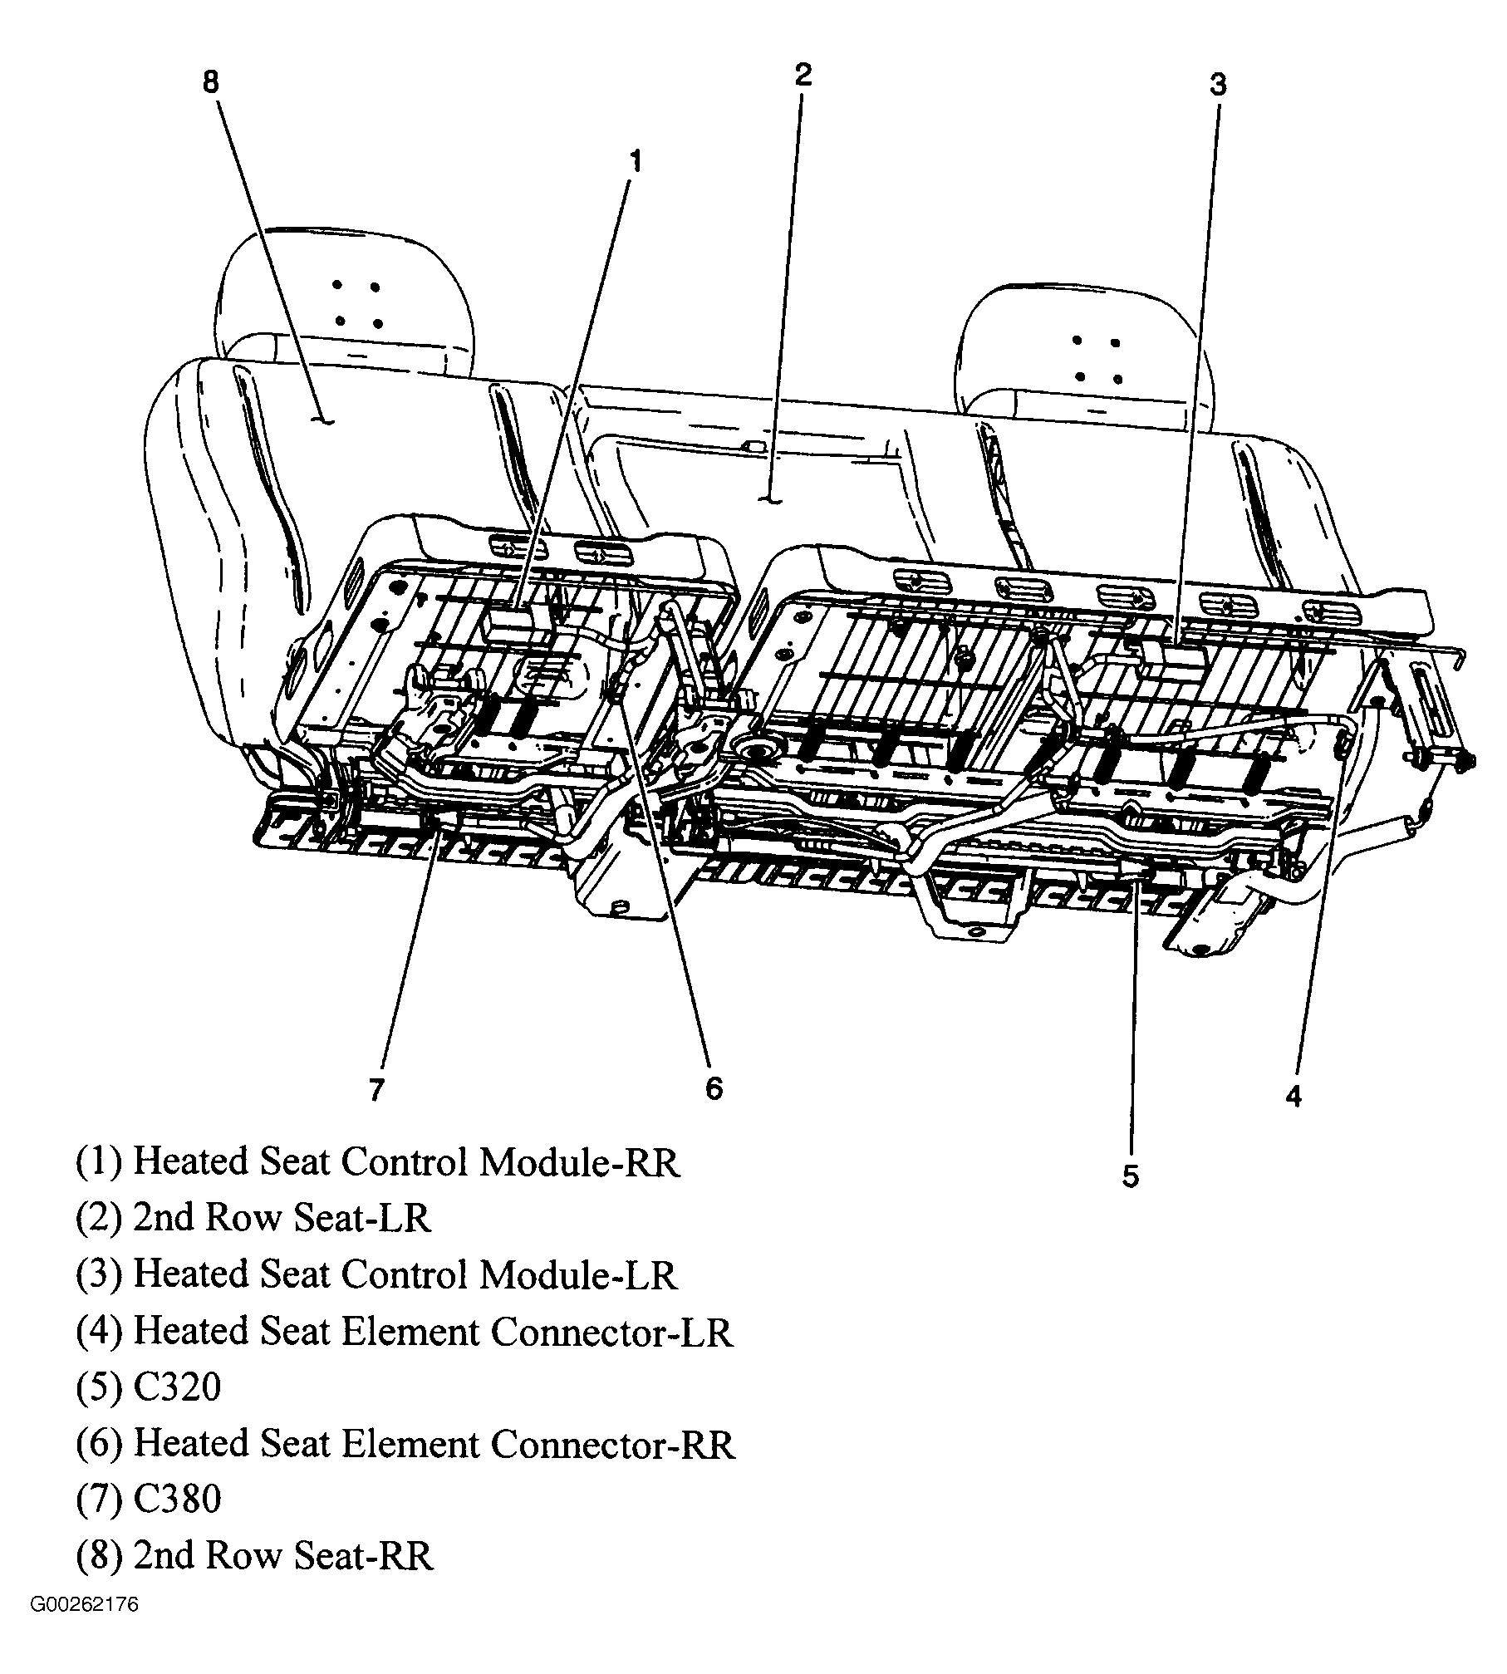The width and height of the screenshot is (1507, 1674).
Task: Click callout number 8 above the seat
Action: [210, 81]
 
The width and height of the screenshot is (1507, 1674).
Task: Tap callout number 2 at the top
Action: [802, 75]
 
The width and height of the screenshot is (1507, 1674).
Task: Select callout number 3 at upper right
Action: [1217, 85]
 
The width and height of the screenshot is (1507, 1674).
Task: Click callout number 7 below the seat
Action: [376, 1089]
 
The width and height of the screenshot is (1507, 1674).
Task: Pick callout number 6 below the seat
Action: [714, 1087]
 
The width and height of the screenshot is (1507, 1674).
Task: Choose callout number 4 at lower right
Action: [1293, 1097]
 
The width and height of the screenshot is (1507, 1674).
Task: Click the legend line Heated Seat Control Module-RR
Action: [378, 1161]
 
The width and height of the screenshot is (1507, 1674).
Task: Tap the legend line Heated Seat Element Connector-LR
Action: [405, 1331]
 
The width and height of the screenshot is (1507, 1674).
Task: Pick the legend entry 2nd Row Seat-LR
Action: [253, 1218]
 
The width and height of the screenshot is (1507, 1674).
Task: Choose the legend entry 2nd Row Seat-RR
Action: [254, 1555]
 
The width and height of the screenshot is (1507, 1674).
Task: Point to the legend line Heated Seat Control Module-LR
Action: [376, 1274]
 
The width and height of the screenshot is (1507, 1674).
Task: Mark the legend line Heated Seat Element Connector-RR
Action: [405, 1444]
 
